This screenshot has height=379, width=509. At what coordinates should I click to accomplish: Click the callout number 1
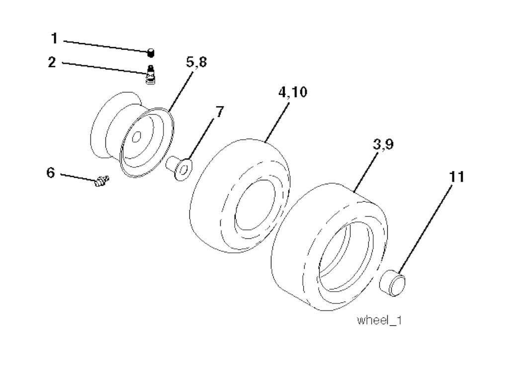[55, 38]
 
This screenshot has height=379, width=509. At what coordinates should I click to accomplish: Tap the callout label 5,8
[196, 63]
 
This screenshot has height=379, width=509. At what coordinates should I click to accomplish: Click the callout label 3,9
[383, 145]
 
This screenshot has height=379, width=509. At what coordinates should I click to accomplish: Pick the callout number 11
[457, 177]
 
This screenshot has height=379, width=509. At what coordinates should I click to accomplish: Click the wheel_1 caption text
[379, 321]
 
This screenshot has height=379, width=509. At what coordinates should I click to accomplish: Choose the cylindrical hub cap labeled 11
[393, 283]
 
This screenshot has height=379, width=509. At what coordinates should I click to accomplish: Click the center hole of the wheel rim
[138, 137]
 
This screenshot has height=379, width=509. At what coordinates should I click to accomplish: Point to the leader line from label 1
[104, 45]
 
